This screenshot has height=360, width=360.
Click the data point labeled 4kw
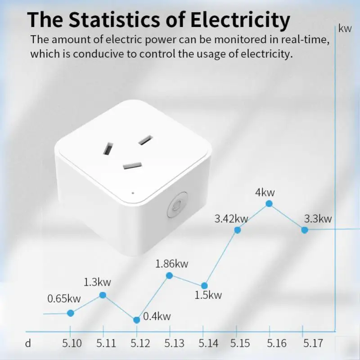269,203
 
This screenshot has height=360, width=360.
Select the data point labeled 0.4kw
137,320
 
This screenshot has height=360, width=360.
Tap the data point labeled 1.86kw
169,275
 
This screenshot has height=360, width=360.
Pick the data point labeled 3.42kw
238,230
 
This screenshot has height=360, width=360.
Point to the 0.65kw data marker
71,313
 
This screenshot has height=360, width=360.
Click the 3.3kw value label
318,219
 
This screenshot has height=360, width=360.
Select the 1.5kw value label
208,295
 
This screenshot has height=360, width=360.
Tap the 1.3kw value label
97,283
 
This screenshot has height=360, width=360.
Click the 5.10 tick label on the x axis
72,343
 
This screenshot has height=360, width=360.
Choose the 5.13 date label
174,343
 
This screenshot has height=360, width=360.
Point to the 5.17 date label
312,343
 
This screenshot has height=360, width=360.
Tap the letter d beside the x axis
28,343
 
